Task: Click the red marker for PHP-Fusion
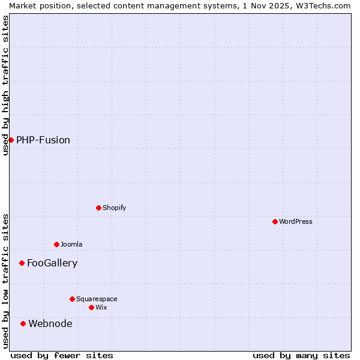tap(11, 140)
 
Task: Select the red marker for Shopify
tap(98, 208)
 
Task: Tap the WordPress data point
tap(275, 221)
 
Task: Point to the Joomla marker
tap(56, 244)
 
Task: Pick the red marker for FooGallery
tap(22, 263)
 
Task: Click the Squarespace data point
tap(72, 299)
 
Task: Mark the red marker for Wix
tap(91, 307)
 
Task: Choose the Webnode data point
tap(23, 323)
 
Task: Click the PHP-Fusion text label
tap(43, 140)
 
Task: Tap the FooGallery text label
tap(52, 263)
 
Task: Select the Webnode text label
tap(50, 323)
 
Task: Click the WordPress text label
tap(296, 221)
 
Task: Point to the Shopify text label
tap(114, 208)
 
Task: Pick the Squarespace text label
tap(97, 299)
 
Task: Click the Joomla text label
tap(71, 244)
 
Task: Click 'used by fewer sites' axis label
tap(62, 355)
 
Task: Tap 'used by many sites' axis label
tap(301, 355)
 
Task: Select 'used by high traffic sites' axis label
tap(5, 85)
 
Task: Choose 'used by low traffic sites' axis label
tap(5, 281)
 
